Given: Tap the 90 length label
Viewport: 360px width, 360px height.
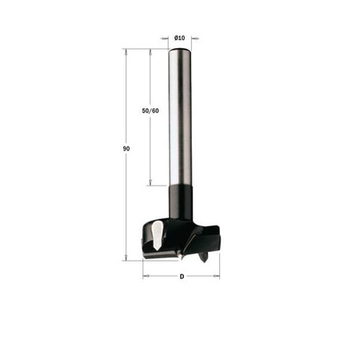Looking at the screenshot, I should [127, 149].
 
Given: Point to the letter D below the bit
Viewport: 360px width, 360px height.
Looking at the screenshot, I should [182, 277].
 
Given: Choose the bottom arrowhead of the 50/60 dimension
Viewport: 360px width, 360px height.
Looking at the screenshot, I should [150, 184].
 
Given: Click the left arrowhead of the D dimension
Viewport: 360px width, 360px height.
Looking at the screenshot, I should [146, 277].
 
